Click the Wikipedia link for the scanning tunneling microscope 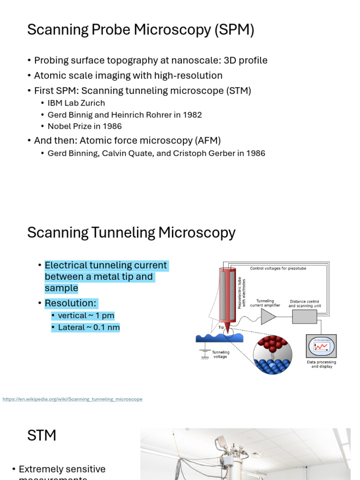coord(72,399)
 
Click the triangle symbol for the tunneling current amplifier coord(268,316)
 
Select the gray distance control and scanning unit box coord(304,316)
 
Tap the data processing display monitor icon coord(321,347)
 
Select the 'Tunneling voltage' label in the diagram coord(220,354)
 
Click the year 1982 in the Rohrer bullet coord(192,115)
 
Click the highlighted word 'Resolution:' coord(71,303)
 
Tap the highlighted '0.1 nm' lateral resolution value coord(106,328)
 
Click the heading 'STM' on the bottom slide coord(42,435)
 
